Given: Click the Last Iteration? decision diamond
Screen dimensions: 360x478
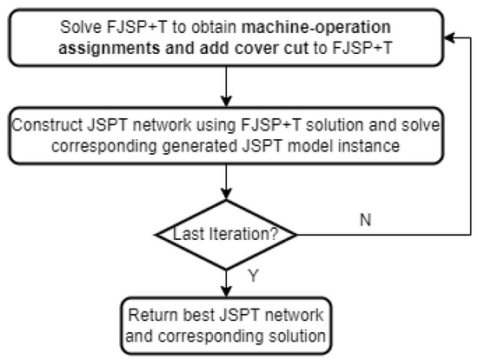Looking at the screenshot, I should click(227, 235).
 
